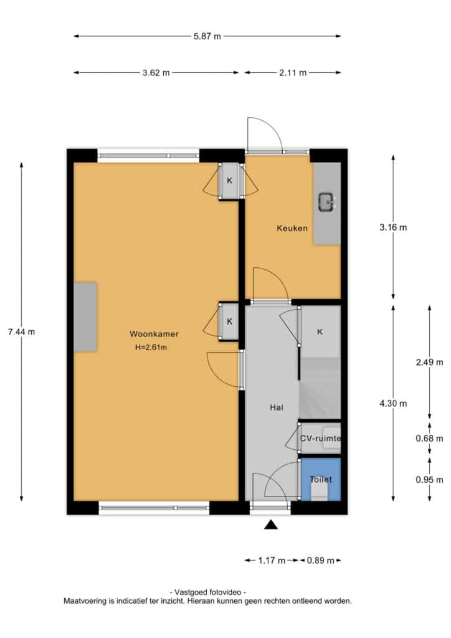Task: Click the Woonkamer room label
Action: tap(154, 334)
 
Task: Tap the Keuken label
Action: tap(292, 228)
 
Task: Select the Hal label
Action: tap(277, 407)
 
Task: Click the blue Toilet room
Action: tap(320, 479)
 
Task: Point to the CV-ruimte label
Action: tap(320, 439)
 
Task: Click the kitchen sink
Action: tap(328, 202)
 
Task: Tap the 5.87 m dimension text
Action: tap(207, 36)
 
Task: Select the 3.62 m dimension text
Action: tap(156, 73)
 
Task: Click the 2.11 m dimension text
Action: tap(293, 73)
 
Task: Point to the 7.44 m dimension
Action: tap(22, 332)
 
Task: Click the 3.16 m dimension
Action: tap(393, 227)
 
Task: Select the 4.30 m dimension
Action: tap(393, 404)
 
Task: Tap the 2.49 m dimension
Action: tap(429, 362)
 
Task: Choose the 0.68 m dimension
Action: tap(429, 439)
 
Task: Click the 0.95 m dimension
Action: tap(429, 480)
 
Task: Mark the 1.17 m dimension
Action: tap(272, 561)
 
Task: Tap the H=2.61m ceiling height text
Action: tap(151, 348)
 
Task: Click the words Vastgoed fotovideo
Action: tap(208, 593)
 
